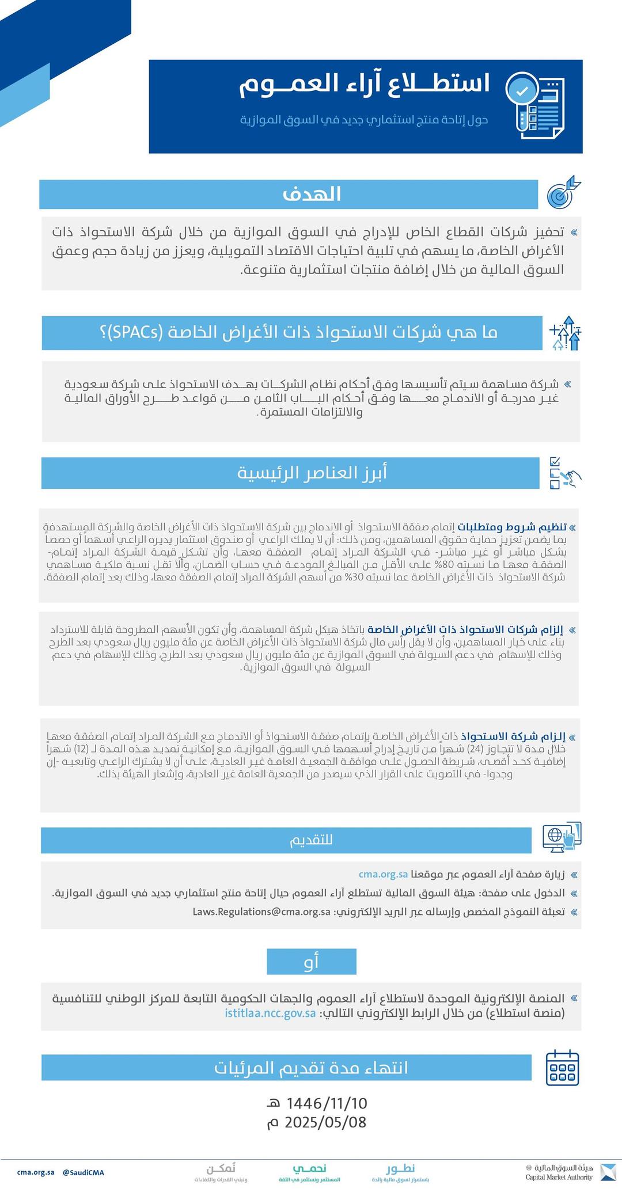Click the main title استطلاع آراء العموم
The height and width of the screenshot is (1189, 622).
pyautogui.click(x=365, y=84)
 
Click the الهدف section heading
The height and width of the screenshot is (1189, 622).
pyautogui.click(x=312, y=194)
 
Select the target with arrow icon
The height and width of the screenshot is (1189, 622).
pyautogui.click(x=563, y=193)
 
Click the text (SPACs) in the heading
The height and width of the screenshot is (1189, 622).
pyautogui.click(x=130, y=332)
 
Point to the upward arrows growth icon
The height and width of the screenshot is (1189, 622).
pyautogui.click(x=566, y=333)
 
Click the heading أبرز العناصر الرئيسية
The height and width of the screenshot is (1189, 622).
pyautogui.click(x=313, y=473)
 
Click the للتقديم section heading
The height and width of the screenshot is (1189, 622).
pyautogui.click(x=312, y=840)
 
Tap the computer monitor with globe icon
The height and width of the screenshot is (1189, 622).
pyautogui.click(x=562, y=838)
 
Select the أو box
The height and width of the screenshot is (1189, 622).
pyautogui.click(x=312, y=961)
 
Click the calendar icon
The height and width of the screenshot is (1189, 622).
pyautogui.click(x=562, y=1068)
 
